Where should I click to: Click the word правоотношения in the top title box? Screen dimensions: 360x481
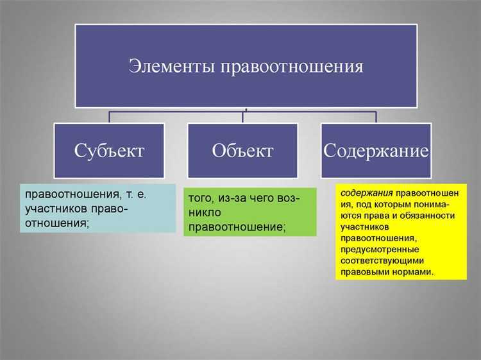click(x=292, y=66)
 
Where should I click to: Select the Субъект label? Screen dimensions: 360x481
click(x=109, y=151)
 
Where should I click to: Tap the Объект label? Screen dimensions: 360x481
click(x=242, y=151)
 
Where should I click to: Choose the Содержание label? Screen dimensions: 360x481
click(x=376, y=151)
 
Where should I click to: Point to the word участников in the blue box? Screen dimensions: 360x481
click(x=57, y=209)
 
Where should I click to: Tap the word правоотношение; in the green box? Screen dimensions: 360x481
click(x=237, y=228)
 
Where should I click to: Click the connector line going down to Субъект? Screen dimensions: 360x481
click(x=109, y=116)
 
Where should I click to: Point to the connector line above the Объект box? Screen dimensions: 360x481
click(x=243, y=116)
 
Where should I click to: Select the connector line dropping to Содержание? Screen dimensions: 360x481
click(x=376, y=116)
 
